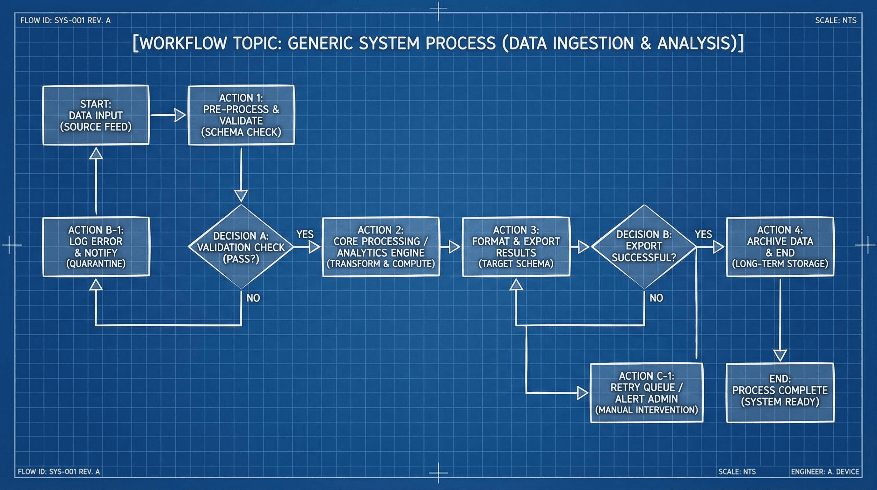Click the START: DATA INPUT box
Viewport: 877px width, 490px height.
coord(96,115)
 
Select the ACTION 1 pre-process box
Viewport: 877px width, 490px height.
coord(241,115)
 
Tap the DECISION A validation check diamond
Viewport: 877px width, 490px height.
coord(241,247)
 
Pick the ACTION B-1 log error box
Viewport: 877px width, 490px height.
coord(96,247)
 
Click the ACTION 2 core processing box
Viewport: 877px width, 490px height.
coord(381,247)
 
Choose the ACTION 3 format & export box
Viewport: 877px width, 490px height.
coord(516,247)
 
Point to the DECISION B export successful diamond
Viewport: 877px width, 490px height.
coord(644,246)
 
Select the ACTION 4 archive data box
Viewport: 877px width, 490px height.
coord(780,247)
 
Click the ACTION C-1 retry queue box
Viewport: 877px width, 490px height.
coord(646,393)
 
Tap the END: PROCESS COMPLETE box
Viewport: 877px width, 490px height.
coord(780,393)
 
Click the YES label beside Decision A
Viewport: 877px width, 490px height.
coord(305,234)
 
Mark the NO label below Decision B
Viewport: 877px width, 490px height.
coord(656,298)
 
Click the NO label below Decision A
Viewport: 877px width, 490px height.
coord(253,298)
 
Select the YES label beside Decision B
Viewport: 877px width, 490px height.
coord(703,234)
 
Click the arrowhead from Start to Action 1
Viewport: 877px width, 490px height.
coord(180,115)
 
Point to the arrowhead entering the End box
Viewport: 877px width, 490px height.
coord(780,355)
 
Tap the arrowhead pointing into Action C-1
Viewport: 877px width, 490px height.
coord(583,393)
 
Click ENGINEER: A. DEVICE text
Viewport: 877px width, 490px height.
coord(824,471)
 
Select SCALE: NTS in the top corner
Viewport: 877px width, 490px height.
coord(836,20)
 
